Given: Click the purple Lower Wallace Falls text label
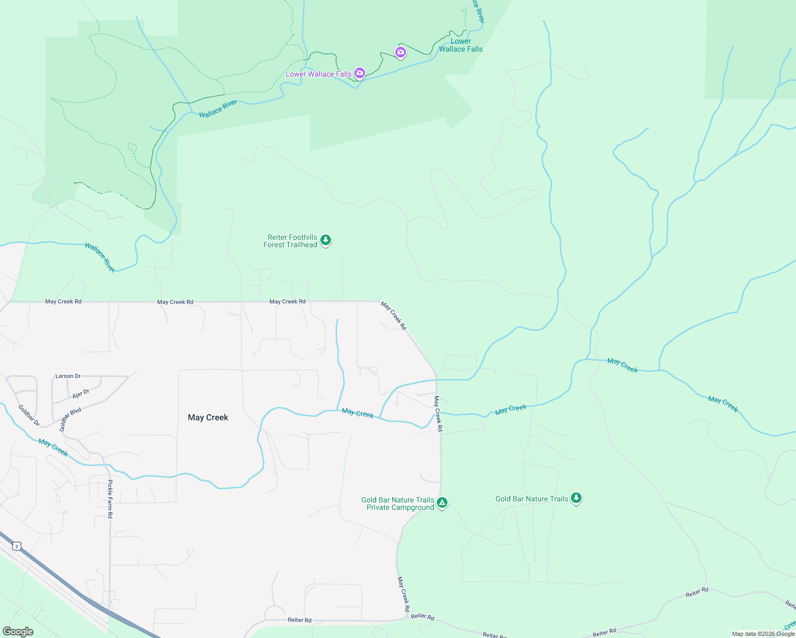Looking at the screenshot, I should [x=318, y=74].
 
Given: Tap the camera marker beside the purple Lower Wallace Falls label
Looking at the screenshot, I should [x=360, y=73].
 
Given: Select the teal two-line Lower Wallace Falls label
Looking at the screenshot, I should [x=460, y=45].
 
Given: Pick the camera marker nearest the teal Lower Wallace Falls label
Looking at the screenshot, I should [x=401, y=52].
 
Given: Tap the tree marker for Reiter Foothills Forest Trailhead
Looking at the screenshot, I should [x=326, y=240].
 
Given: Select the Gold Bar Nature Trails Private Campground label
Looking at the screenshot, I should [x=397, y=503].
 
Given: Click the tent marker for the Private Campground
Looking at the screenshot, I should [x=442, y=502].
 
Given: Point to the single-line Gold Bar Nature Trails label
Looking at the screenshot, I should [x=532, y=499].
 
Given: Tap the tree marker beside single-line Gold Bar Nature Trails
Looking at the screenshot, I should [x=576, y=498].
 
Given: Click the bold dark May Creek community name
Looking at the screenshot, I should [x=208, y=417].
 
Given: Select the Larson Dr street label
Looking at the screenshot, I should [x=68, y=376].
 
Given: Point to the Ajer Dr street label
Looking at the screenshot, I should [x=81, y=394].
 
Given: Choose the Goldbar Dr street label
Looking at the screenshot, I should [x=29, y=415].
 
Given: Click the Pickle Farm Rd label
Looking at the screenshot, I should [x=110, y=499].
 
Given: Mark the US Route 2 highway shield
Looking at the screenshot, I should [x=17, y=546].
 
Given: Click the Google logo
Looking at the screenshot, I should [x=18, y=632].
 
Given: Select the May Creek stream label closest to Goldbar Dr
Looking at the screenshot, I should [x=53, y=448].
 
